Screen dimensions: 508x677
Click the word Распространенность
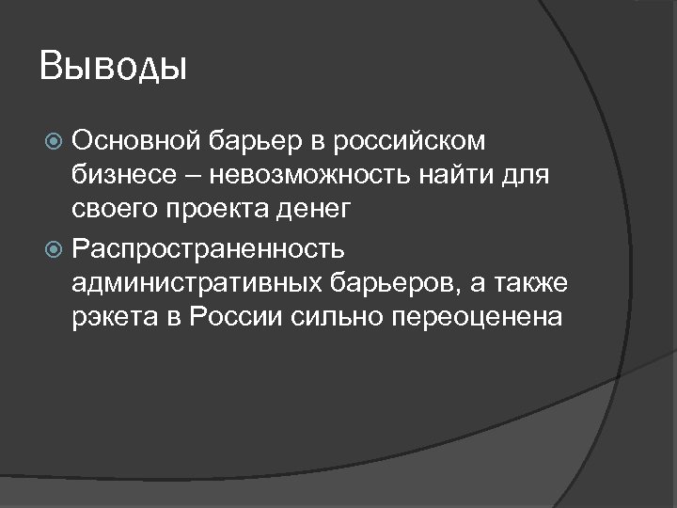pyautogui.click(x=208, y=249)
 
